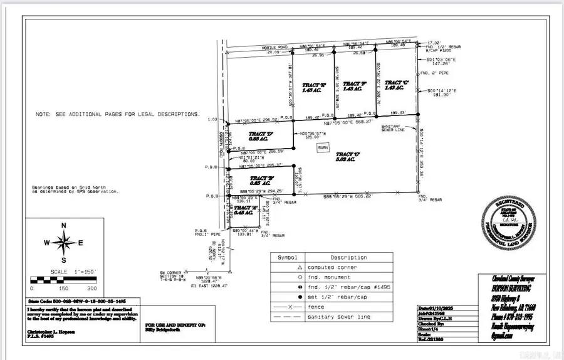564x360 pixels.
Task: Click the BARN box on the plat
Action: pos(323,147)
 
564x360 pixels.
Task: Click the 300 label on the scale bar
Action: pos(91,289)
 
